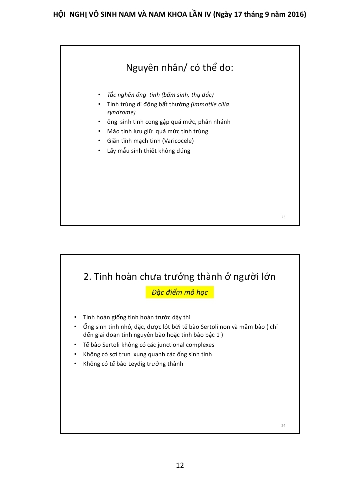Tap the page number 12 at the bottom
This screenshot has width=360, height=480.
click(x=180, y=465)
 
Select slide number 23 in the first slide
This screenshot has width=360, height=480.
click(x=283, y=217)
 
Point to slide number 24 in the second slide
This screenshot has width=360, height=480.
click(x=283, y=425)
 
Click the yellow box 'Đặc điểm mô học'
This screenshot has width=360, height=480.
click(x=180, y=292)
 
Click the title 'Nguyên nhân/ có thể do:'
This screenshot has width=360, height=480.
click(x=180, y=67)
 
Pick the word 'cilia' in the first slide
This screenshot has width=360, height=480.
click(x=223, y=104)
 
